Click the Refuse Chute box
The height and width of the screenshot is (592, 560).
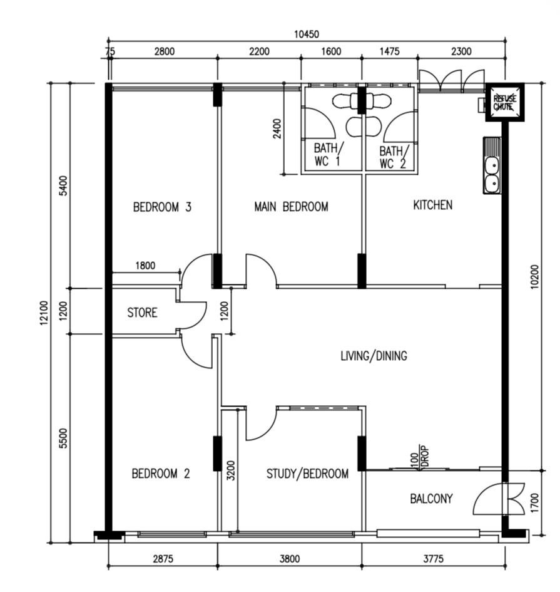pos(504,102)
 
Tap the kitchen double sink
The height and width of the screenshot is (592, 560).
pos(492,166)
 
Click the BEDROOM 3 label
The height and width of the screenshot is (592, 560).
pos(162,207)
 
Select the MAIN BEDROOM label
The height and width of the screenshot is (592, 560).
pos(291,207)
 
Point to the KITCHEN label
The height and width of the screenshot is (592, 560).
pos(432,205)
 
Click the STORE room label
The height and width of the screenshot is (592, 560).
pos(142,313)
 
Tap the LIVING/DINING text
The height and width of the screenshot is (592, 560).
pos(374,356)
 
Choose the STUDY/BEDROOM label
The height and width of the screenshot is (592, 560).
pos(307,474)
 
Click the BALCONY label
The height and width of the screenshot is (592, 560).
pos(431,499)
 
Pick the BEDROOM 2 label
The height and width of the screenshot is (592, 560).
pos(161,474)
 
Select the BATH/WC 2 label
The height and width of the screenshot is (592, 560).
pos(394,157)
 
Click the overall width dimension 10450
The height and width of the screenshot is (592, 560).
pos(306,34)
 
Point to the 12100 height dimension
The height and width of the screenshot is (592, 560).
pos(44,313)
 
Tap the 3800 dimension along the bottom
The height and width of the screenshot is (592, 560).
pos(290,558)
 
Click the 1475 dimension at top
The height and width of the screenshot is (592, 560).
pos(389,51)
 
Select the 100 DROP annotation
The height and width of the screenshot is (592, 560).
pos(420,457)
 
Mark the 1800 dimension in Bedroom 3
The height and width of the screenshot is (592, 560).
pos(145,266)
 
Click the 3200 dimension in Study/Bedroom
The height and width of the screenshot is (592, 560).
pos(231,470)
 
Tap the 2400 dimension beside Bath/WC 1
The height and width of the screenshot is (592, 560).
pos(277,129)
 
